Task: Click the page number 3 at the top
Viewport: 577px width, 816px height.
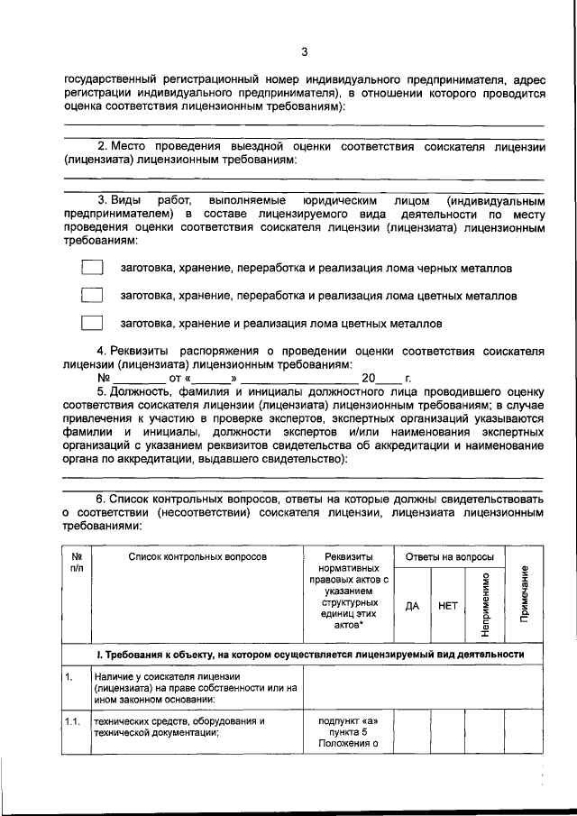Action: (x=305, y=50)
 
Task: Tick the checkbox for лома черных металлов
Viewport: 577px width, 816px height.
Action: (x=92, y=268)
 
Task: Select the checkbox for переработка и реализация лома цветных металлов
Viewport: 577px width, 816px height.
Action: (x=92, y=295)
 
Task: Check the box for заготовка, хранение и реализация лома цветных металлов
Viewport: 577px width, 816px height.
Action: (x=92, y=322)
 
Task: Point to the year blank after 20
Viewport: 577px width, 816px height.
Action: (x=389, y=379)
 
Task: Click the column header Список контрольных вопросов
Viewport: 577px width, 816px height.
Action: (x=197, y=558)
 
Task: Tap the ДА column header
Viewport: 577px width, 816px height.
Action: (x=412, y=606)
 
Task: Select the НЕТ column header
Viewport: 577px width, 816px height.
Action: (x=447, y=606)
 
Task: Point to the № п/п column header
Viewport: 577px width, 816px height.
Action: (x=77, y=564)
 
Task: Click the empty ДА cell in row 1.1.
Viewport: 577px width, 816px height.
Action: (x=412, y=732)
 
